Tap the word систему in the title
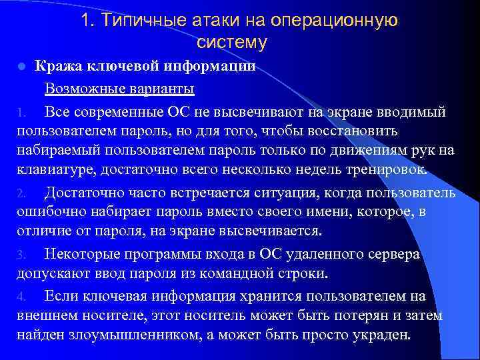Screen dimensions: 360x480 click(232, 43)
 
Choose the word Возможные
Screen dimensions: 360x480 click(81, 88)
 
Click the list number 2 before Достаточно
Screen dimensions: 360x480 click(21, 194)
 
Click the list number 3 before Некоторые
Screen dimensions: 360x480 click(21, 255)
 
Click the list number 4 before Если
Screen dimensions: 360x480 click(21, 296)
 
